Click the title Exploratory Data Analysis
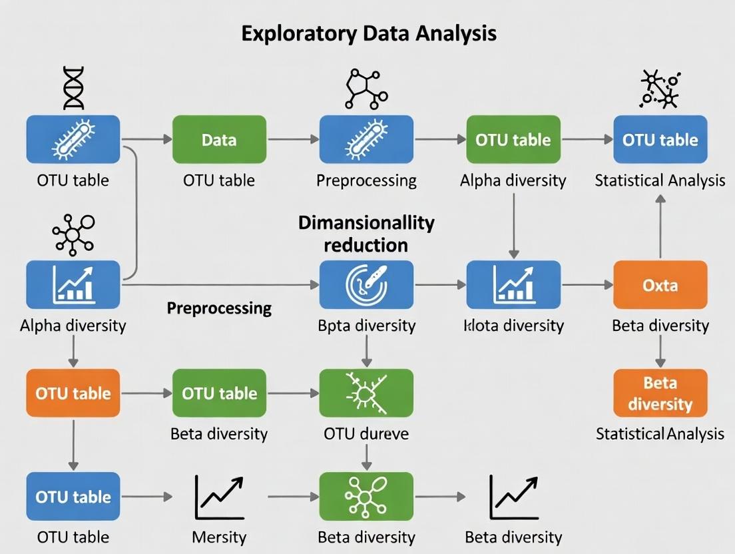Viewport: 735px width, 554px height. pos(368,33)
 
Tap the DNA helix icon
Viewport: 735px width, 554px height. pos(73,88)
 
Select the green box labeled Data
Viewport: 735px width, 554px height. pos(219,140)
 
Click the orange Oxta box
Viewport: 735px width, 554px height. pos(660,285)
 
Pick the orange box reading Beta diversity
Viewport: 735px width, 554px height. pos(660,393)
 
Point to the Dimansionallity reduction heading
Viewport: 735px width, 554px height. pos(366,233)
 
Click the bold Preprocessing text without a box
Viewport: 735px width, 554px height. pos(219,308)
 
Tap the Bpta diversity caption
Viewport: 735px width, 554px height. pos(366,326)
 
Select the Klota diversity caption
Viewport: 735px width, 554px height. pos(513,326)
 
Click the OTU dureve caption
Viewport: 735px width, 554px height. pos(366,434)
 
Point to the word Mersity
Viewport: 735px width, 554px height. pos(219,537)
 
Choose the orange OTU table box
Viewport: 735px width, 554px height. pos(73,393)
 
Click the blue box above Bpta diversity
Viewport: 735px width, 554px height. pos(366,285)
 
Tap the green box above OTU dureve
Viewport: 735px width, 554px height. pos(366,393)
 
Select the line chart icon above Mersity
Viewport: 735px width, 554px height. pos(219,497)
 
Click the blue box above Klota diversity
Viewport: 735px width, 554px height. pos(513,285)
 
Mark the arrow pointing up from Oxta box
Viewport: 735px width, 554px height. pos(660,226)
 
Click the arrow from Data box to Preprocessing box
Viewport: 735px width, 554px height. pos(293,140)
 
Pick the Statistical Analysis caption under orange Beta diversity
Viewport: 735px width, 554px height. pos(660,434)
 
